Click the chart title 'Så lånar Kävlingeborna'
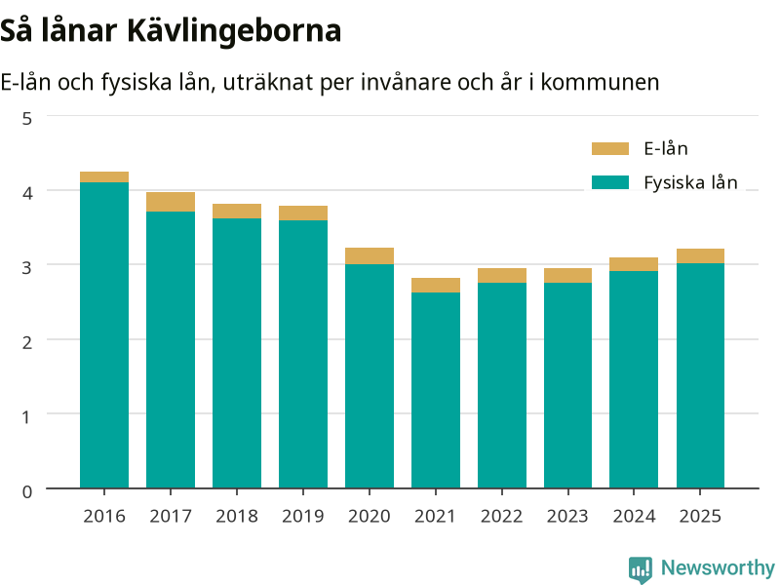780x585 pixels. coord(171,31)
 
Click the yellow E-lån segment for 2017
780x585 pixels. coord(171,202)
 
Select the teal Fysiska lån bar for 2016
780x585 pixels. coord(104,335)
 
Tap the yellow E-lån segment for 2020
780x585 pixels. coord(370,256)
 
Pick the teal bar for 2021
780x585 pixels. coord(436,391)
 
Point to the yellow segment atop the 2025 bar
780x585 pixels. coord(700,256)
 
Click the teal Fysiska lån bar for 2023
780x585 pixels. coord(568,385)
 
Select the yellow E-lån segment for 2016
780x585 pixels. coord(104,177)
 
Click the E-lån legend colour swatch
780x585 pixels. coord(610,149)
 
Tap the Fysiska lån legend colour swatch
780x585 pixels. coord(610,182)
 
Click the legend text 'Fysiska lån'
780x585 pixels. coord(690,183)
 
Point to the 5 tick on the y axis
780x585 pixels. coord(27,118)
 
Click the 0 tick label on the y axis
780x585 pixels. coord(27,491)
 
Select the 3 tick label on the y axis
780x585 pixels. coord(27,267)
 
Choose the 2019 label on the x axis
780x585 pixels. coord(303,517)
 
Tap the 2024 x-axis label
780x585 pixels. coord(635,517)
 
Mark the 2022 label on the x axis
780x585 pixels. coord(502,517)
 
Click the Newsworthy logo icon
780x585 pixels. coord(641,569)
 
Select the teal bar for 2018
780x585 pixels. coord(237,353)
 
